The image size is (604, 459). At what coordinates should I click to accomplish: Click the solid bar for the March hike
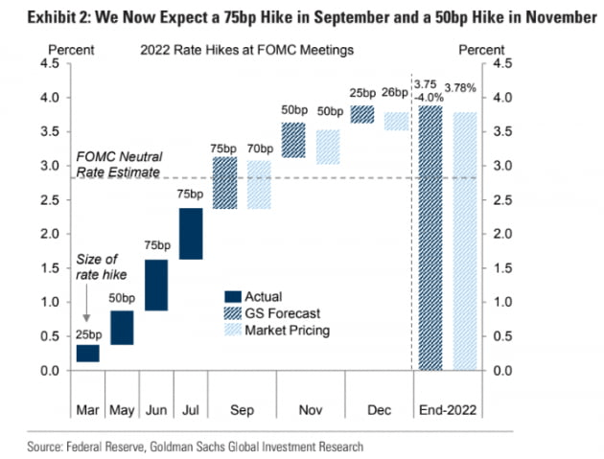[x=88, y=354]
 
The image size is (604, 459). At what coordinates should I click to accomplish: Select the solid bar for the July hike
[x=190, y=234]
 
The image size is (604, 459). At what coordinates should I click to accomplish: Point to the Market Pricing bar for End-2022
[x=465, y=241]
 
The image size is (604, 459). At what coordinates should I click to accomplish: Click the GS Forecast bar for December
[x=362, y=115]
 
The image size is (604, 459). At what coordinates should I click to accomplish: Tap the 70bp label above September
[x=260, y=149]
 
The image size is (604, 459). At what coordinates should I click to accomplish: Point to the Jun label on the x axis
[x=156, y=409]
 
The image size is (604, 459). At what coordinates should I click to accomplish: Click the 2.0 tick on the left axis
[x=56, y=234]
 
